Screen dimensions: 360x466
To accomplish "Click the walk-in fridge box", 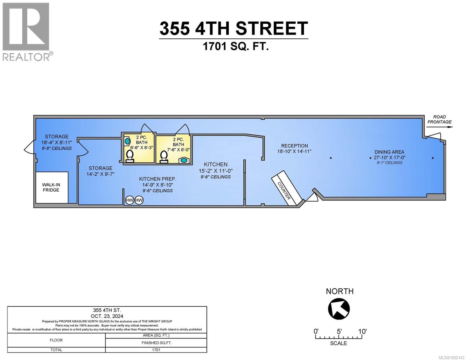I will [x=52, y=187].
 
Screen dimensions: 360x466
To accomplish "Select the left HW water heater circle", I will [x=130, y=200].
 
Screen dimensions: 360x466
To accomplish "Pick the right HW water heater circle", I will [x=139, y=200].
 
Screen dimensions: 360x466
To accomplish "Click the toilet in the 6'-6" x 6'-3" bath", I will [x=130, y=156].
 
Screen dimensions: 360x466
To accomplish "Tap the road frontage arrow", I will [x=439, y=127].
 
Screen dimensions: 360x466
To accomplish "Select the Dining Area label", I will [x=389, y=152].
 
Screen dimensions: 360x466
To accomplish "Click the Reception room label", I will [x=294, y=146].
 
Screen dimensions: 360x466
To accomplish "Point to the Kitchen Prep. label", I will [x=158, y=179].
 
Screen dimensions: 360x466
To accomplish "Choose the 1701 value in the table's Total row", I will [x=156, y=350].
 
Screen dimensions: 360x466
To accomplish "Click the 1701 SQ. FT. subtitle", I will [x=236, y=46].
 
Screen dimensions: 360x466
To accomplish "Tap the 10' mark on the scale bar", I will [x=362, y=331].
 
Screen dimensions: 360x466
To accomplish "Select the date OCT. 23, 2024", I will [x=107, y=316].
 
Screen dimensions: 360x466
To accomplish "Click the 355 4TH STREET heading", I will [x=233, y=28].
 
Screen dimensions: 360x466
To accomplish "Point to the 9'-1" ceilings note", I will [x=389, y=163].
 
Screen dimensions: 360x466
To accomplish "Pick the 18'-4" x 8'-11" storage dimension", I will [x=57, y=142].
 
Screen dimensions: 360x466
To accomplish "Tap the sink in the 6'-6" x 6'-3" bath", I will [x=128, y=140].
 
